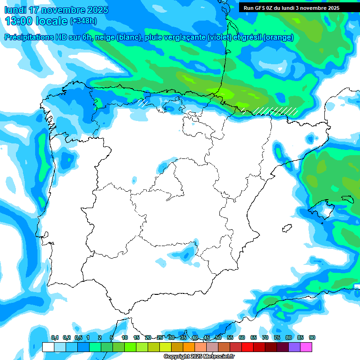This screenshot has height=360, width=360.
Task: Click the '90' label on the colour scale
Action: (x=312, y=337)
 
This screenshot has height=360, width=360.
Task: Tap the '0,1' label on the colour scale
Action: (x=55, y=337)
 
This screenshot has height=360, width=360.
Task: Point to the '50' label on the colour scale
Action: (x=218, y=337)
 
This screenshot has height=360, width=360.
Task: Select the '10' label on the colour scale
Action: (x=125, y=337)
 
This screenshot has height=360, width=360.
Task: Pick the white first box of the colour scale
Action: (x=48, y=347)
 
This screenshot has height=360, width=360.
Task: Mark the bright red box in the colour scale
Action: (x=247, y=347)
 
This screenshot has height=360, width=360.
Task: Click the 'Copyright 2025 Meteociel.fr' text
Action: (x=199, y=357)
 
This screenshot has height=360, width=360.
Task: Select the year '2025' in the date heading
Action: (x=97, y=10)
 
